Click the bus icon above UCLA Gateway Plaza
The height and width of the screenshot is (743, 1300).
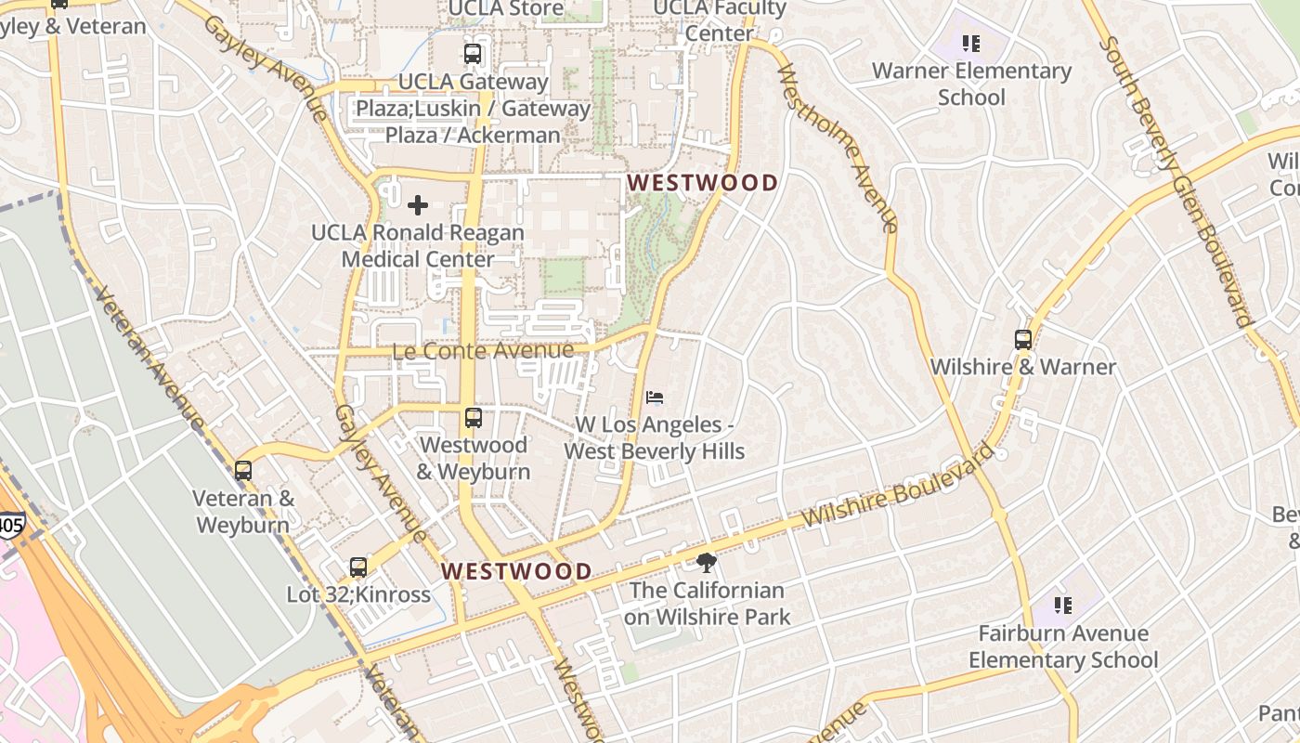tap(473, 54)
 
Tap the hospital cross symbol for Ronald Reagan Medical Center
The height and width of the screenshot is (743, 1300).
tap(418, 205)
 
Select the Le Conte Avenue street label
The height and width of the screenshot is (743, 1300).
tap(483, 351)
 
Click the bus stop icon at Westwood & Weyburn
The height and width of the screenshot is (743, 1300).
tap(474, 418)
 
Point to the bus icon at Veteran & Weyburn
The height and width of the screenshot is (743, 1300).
tap(243, 471)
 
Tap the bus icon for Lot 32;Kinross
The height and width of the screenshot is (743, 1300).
tap(358, 567)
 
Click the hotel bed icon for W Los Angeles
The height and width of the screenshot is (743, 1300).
tap(655, 398)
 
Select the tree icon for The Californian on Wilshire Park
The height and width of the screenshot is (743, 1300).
tap(706, 562)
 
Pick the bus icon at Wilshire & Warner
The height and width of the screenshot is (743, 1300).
tap(1023, 340)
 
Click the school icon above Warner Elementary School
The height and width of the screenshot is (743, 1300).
tap(971, 43)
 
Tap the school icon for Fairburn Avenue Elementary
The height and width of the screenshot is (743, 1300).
tap(1063, 606)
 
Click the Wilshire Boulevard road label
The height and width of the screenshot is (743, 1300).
tap(897, 487)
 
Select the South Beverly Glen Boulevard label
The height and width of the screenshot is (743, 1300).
tap(1175, 181)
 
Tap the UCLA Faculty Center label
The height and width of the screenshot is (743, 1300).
tap(719, 20)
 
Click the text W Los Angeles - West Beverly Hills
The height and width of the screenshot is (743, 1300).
tap(655, 438)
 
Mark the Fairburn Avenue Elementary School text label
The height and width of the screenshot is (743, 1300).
tap(1063, 647)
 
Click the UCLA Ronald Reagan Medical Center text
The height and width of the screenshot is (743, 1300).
tap(418, 246)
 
